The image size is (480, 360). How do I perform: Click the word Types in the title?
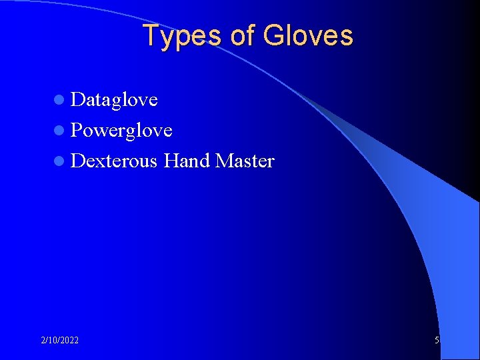point(181,36)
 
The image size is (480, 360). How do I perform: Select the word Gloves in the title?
point(308,36)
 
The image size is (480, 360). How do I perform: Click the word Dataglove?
point(114,100)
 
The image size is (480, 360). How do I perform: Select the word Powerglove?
point(121,131)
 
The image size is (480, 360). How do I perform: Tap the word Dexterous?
point(114,161)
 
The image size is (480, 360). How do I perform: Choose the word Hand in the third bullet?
point(187,161)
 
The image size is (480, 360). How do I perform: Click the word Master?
point(245,161)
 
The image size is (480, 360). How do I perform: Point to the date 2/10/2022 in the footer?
point(59,341)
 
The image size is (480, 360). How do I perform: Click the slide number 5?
point(437,341)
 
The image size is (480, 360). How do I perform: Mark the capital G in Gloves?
point(273,35)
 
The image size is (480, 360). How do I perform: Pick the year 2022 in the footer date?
point(69,341)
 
